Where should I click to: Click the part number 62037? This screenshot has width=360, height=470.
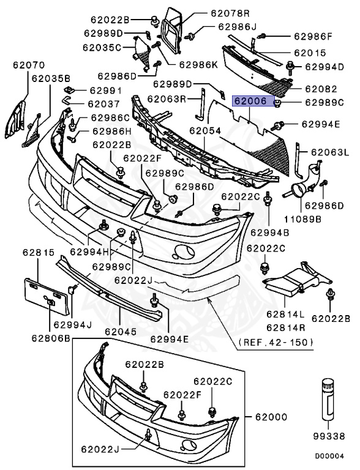[x=103, y=103]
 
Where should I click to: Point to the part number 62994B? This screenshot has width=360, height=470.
[x=268, y=233]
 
